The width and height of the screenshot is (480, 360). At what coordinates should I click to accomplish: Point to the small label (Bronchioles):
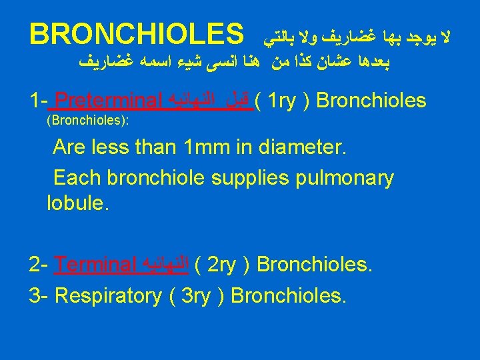pos(87,122)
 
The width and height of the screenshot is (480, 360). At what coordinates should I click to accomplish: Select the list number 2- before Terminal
pos(39,265)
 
